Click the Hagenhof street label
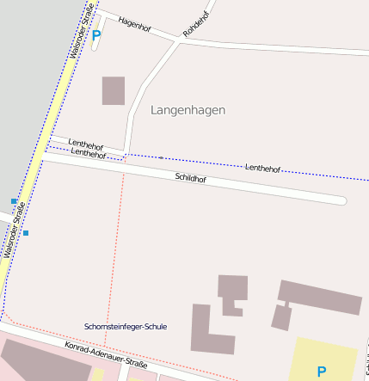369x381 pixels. click(x=134, y=24)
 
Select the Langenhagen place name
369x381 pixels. click(x=188, y=110)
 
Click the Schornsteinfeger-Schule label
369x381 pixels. click(x=126, y=327)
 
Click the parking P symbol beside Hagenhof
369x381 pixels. click(x=95, y=36)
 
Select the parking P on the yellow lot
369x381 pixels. click(x=321, y=372)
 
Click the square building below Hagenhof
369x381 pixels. click(x=114, y=90)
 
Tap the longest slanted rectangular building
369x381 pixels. click(x=320, y=297)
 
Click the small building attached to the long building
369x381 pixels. click(x=281, y=317)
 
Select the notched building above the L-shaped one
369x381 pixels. click(x=232, y=292)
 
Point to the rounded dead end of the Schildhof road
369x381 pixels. click(x=341, y=201)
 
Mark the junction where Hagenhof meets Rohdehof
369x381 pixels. click(x=179, y=40)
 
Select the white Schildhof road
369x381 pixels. click(x=258, y=189)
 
